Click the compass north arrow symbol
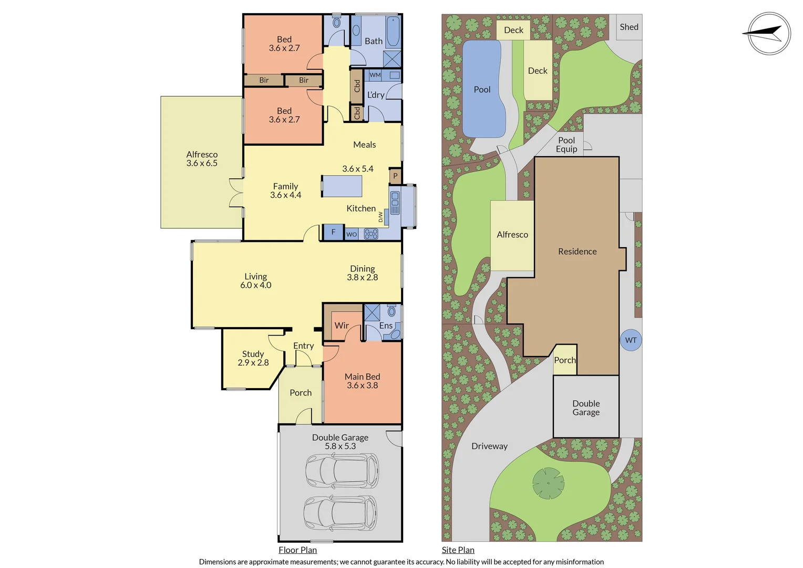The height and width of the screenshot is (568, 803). [768, 34]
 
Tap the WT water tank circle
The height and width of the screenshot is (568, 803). [631, 340]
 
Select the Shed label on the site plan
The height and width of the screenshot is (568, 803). [629, 27]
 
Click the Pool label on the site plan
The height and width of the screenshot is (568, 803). [482, 89]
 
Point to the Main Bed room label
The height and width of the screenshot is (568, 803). [362, 381]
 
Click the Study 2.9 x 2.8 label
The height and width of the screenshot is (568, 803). [253, 358]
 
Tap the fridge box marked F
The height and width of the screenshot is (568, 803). [333, 232]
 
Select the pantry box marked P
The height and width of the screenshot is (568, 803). [395, 176]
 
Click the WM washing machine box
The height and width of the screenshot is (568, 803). [375, 75]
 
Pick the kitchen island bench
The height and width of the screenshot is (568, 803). [342, 186]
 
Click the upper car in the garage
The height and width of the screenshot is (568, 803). [342, 470]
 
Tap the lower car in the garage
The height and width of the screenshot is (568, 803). [340, 513]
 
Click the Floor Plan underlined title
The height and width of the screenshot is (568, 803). [297, 550]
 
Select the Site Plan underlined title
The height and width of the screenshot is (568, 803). [458, 550]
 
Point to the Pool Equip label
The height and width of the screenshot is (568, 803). [567, 145]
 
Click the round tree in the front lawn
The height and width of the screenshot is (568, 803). [548, 483]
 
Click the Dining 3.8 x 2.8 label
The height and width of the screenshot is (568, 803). [362, 273]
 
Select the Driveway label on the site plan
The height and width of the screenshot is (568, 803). [489, 446]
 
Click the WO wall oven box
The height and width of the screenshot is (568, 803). [352, 234]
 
